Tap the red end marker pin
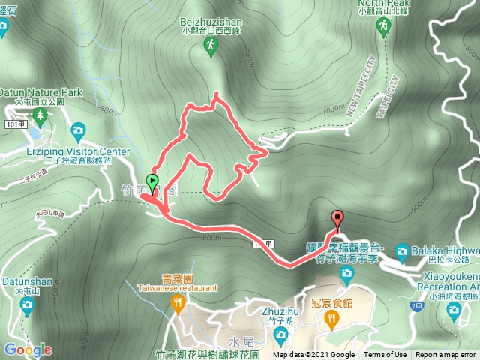pyautogui.click(x=337, y=220)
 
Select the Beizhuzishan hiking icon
pyautogui.click(x=210, y=46)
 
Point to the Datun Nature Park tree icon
pyautogui.click(x=40, y=114)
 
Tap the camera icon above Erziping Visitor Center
pyautogui.click(x=78, y=132)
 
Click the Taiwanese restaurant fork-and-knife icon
pyautogui.click(x=177, y=303)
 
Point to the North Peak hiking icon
pyautogui.click(x=385, y=27)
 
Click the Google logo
pyautogui.click(x=28, y=349)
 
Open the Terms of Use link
pyautogui.click(x=385, y=355)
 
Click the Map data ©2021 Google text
pyautogui.click(x=314, y=355)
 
